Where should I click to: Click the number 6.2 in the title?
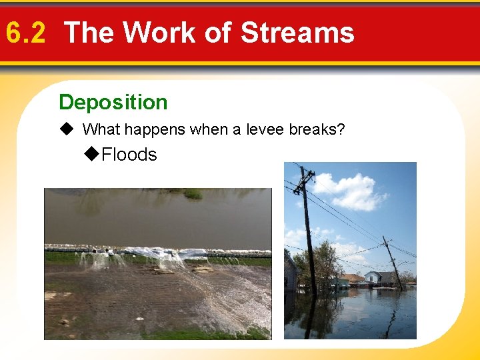pyautogui.click(x=25, y=32)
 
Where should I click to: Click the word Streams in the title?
pyautogui.click(x=297, y=32)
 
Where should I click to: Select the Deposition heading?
pyautogui.click(x=113, y=102)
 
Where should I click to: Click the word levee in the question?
pyautogui.click(x=265, y=129)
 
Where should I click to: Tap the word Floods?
pyautogui.click(x=129, y=155)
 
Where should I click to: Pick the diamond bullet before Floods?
pyautogui.click(x=93, y=155)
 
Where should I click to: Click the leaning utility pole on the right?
pyautogui.click(x=393, y=263)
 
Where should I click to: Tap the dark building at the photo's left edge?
pyautogui.click(x=291, y=273)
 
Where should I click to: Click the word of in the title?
pyautogui.click(x=215, y=32)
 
